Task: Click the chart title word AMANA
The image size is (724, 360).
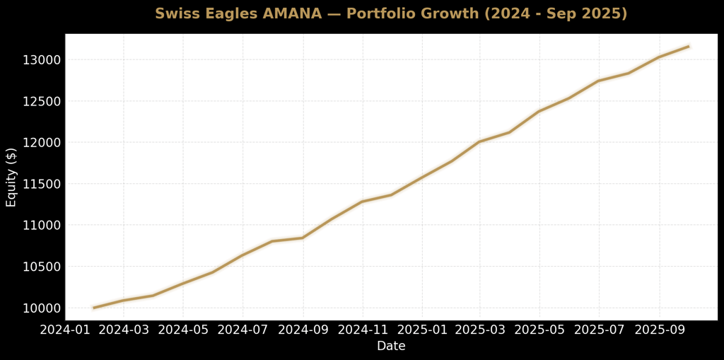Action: [x=291, y=14]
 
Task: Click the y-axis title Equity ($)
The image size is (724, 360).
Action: [x=11, y=178]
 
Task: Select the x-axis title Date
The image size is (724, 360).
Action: [x=391, y=346]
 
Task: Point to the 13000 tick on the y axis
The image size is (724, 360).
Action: [x=42, y=60]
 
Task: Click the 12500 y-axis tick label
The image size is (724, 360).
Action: [x=42, y=101]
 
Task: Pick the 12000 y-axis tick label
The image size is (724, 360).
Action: [x=42, y=143]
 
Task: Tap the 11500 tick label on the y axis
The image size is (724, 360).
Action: [x=42, y=184]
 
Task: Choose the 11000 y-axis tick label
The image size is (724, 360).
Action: [x=42, y=226]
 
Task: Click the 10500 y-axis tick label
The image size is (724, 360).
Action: [x=42, y=267]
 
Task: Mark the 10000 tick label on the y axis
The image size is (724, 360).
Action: [x=42, y=308]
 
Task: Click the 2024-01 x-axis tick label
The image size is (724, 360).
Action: [x=64, y=329]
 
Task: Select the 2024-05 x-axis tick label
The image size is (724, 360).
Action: [x=183, y=329]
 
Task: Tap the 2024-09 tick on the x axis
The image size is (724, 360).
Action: [x=303, y=329]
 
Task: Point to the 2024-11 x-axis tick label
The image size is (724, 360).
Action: [x=363, y=329]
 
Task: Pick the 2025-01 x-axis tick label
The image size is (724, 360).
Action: [x=422, y=329]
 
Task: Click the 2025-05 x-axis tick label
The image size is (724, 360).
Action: [x=539, y=329]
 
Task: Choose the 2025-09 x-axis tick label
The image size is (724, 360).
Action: [x=660, y=329]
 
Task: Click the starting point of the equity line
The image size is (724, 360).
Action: [x=93, y=308]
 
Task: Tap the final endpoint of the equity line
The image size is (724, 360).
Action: [x=689, y=46]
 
